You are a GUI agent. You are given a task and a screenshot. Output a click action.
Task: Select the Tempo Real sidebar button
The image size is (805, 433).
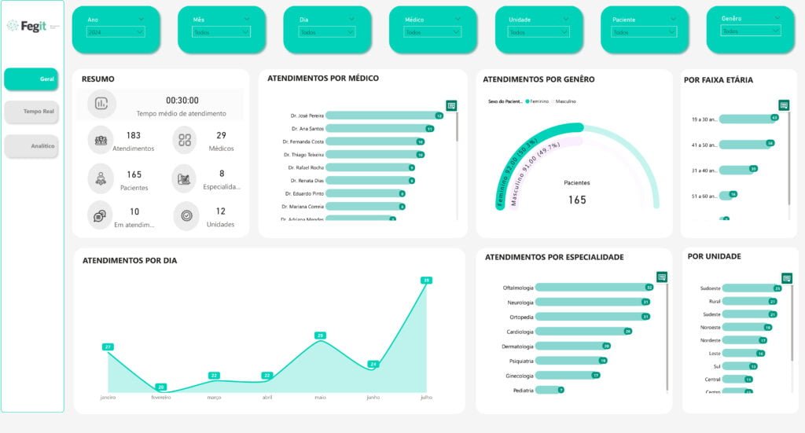pyautogui.click(x=31, y=112)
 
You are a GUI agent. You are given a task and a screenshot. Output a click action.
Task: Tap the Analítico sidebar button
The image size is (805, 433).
pyautogui.click(x=31, y=146)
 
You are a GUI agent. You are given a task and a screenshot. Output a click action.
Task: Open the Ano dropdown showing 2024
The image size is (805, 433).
pyautogui.click(x=116, y=32)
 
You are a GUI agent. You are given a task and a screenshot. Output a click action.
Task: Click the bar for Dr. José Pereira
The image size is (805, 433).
pyautogui.click(x=384, y=116)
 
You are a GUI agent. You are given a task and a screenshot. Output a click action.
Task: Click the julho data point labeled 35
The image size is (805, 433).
pyautogui.click(x=426, y=281)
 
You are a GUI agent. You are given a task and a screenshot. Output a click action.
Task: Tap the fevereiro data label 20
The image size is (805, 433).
pyautogui.click(x=161, y=387)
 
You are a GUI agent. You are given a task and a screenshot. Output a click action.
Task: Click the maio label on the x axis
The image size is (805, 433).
pyautogui.click(x=320, y=398)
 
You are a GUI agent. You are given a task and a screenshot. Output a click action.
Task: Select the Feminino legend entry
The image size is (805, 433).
pyautogui.click(x=539, y=101)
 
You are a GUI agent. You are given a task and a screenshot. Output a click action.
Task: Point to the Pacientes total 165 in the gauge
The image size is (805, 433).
pyautogui.click(x=577, y=200)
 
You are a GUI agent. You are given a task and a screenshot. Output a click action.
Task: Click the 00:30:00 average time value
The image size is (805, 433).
pyautogui.click(x=182, y=101)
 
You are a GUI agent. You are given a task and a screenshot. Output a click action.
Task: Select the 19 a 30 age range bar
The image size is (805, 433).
pyautogui.click(x=747, y=119)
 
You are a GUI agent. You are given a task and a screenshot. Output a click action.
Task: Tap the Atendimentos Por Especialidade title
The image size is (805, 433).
pyautogui.click(x=554, y=257)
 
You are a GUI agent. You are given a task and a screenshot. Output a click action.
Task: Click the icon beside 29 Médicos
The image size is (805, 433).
pyautogui.click(x=185, y=140)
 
